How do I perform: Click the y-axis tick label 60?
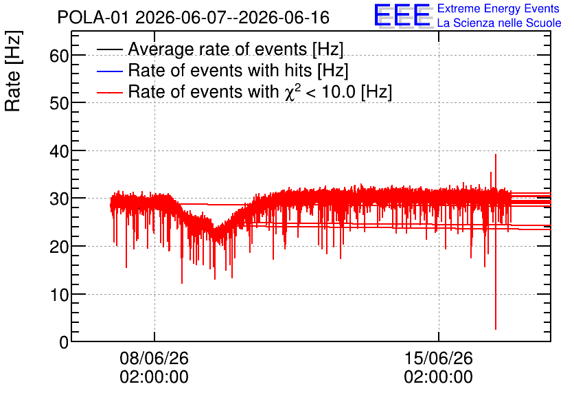(x=59, y=56)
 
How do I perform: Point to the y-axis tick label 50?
(x=59, y=104)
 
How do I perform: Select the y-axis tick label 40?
(x=59, y=151)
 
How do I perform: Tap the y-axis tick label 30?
(x=59, y=199)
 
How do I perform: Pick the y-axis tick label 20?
(x=59, y=247)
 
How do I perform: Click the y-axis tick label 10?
(x=59, y=295)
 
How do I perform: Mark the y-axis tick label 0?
(x=64, y=343)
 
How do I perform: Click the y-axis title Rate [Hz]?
(x=13, y=71)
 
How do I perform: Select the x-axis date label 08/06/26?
(x=154, y=358)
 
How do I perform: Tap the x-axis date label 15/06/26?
(x=439, y=358)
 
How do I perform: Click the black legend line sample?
(x=109, y=49)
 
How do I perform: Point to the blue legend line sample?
(x=109, y=71)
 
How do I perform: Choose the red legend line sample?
(x=109, y=92)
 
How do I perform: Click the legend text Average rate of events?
(x=218, y=49)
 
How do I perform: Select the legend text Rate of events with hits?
(x=220, y=70)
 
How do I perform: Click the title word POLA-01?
(x=93, y=18)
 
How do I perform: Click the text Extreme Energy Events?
(x=498, y=8)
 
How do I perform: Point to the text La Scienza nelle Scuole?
(x=499, y=23)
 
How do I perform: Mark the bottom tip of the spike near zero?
(x=496, y=329)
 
